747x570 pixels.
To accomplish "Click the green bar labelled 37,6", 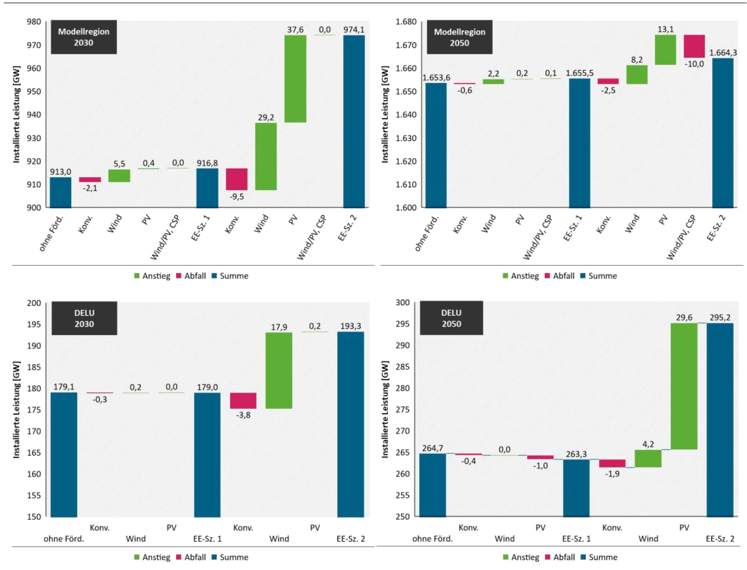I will coord(295,79).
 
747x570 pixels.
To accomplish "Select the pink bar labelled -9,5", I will coord(237,179).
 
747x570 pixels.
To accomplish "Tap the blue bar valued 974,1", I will coord(354,121).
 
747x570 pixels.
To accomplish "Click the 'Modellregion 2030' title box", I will coord(84,37).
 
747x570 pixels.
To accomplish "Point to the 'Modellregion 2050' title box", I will coord(459,37).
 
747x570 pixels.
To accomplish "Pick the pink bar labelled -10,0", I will coord(694,46).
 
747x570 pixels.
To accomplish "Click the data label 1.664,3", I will coord(723,53).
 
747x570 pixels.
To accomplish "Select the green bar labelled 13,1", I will coord(665,50).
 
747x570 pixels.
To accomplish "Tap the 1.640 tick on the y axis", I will coord(406,115).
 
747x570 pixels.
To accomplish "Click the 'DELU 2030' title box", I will coord(84,318).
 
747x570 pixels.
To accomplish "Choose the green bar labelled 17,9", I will coord(279,371).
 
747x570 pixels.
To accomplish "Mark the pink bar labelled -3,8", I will coord(243,401).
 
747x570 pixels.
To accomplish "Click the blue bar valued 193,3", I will coord(351,424).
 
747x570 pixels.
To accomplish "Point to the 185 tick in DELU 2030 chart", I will coord(34,367).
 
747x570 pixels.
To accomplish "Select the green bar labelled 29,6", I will coord(684,387).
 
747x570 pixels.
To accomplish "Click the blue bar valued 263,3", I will coord(576,488).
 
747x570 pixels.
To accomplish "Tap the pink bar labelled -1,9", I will coord(612,464).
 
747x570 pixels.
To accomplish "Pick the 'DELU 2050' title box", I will coord(451,318).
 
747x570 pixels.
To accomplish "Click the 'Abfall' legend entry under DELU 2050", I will coord(560,557).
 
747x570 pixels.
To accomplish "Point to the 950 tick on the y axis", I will coord(34,91).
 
